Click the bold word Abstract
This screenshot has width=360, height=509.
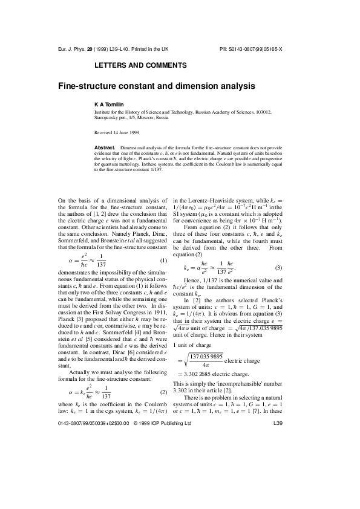[x=106, y=147]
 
